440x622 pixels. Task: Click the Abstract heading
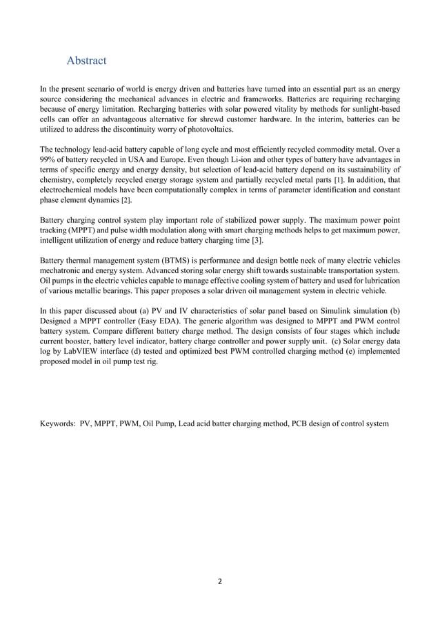(x=86, y=61)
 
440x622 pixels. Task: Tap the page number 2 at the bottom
(x=220, y=581)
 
